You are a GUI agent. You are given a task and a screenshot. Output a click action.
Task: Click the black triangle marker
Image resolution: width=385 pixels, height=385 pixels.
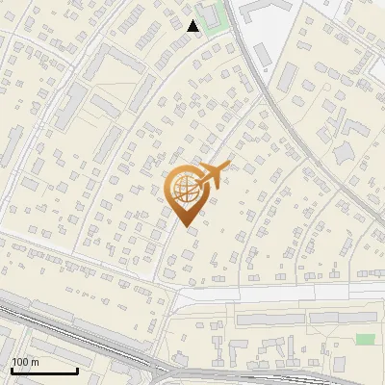(x=193, y=26)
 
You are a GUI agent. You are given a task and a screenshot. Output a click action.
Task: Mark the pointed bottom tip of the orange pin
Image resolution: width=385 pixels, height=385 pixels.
(x=187, y=228)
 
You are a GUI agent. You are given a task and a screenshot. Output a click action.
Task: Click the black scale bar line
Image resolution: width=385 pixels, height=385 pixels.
(x=44, y=371)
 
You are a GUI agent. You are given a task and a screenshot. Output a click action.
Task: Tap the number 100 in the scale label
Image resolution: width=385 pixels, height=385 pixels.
(x=20, y=362)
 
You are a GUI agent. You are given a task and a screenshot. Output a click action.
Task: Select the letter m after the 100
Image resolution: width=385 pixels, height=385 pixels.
(x=34, y=362)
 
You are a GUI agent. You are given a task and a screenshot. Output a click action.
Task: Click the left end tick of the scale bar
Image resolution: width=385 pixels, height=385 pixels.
(x=13, y=369)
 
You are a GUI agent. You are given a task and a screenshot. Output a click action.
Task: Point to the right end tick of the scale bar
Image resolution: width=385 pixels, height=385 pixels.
(x=77, y=369)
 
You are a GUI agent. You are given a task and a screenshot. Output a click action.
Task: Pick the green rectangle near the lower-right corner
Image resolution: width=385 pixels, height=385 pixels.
(x=365, y=339)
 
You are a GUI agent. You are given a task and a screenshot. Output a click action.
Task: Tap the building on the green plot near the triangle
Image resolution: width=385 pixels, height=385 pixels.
(x=213, y=14)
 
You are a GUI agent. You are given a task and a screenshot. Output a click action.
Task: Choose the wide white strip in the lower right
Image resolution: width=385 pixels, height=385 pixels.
(x=289, y=294)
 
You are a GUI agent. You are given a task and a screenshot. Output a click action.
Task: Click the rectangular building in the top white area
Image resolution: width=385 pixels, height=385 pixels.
(x=265, y=10)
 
